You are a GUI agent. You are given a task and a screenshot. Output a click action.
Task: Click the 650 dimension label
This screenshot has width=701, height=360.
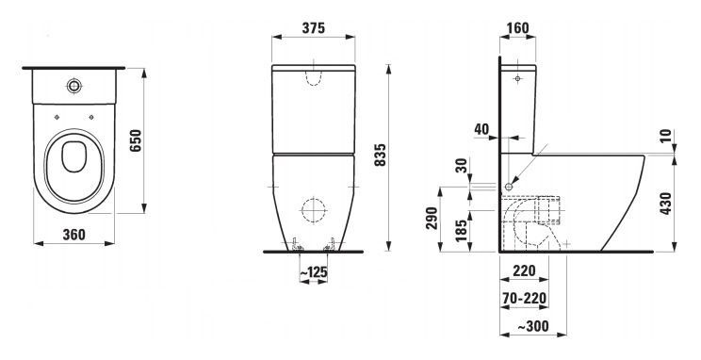pyautogui.click(x=136, y=140)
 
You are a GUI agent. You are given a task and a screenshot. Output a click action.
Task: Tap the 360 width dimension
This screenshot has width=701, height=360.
pyautogui.click(x=73, y=234)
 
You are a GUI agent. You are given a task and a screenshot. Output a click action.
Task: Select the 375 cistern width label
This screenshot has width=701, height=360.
pyautogui.click(x=314, y=28)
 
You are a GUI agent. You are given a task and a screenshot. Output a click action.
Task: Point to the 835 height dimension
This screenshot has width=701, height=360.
pyautogui.click(x=380, y=155)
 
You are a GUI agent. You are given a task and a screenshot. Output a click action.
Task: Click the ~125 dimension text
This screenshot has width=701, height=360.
pyautogui.click(x=314, y=272)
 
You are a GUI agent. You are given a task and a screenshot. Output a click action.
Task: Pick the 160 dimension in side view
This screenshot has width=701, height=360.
pyautogui.click(x=517, y=28)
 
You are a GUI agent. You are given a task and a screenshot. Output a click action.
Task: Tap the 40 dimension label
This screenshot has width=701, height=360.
pyautogui.click(x=481, y=129)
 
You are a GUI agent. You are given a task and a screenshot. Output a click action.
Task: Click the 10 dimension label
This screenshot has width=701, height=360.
pyautogui.click(x=666, y=136)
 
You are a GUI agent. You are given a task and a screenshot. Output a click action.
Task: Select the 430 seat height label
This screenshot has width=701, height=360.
pyautogui.click(x=666, y=203)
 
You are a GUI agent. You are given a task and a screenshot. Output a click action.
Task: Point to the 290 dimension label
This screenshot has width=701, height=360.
pyautogui.click(x=432, y=219)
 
